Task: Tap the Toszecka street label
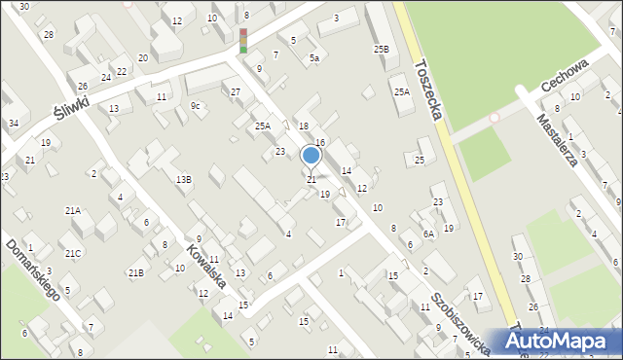click(428, 91)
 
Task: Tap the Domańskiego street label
click(32, 270)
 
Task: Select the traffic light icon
click(243, 40)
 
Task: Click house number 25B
click(381, 49)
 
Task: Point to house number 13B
click(183, 179)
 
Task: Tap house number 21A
click(73, 210)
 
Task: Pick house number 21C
click(74, 253)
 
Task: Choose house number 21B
click(135, 272)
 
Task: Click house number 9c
click(196, 105)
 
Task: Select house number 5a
click(314, 58)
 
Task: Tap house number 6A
click(428, 234)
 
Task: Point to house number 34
click(13, 124)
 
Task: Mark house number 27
click(236, 92)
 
